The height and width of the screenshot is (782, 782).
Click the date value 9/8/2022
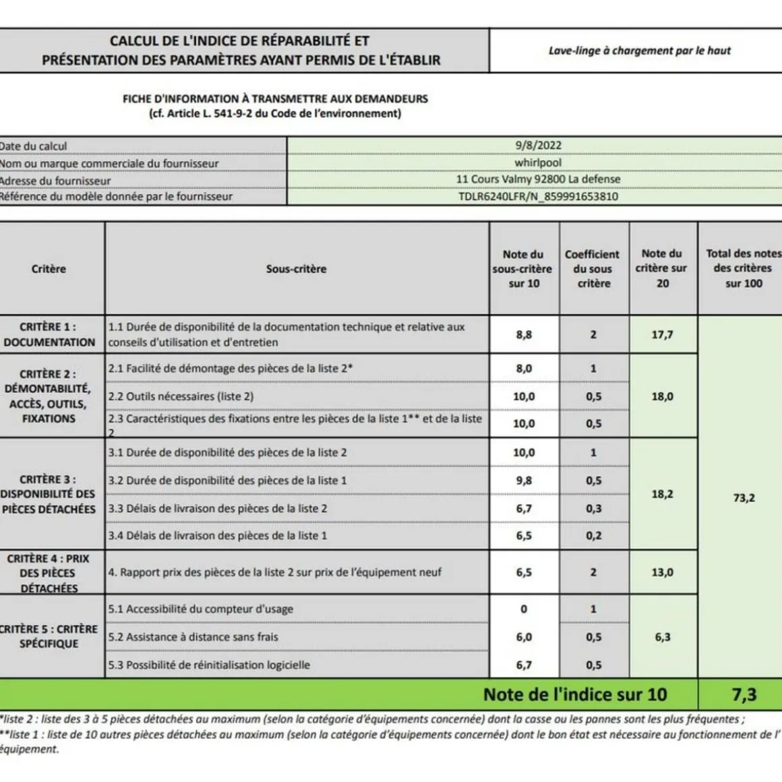pos(537,145)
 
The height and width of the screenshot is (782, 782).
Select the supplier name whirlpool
pos(537,162)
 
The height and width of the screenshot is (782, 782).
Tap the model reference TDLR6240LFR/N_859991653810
pos(537,197)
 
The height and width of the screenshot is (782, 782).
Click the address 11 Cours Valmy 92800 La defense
pos(537,179)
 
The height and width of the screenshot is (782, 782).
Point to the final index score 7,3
pos(744,694)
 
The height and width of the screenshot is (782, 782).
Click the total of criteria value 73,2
pos(744,498)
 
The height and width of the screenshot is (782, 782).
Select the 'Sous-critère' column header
pos(296,268)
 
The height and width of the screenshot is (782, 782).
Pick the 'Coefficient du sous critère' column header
pos(593,268)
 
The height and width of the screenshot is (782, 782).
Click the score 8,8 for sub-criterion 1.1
pos(524,334)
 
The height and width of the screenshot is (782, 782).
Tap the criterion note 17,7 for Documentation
pos(662,334)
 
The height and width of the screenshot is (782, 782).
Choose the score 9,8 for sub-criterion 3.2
pos(524,481)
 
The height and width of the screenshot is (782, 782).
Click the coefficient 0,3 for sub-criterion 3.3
pos(593,508)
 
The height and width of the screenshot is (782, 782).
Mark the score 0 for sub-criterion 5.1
pos(524,609)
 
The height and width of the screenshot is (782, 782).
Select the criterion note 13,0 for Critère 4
pos(662,572)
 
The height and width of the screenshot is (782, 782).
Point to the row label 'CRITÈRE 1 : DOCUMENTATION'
pos(49,334)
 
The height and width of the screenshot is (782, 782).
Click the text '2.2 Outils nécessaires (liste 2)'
pos(181,396)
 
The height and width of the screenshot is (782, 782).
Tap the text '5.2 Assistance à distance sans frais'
pos(193,637)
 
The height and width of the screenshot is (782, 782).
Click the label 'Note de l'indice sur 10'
pos(574,694)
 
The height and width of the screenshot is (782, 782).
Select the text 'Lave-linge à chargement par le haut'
pos(639,51)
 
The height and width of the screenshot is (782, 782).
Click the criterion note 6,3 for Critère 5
pos(662,637)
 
